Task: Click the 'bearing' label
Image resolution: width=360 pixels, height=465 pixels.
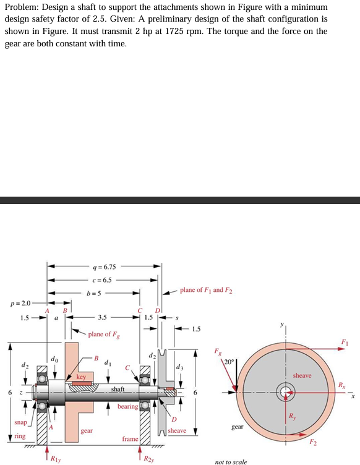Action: pos(127,406)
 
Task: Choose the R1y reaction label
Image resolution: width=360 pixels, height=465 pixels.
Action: pos(55,458)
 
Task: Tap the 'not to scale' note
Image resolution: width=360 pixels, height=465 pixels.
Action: pos(231,461)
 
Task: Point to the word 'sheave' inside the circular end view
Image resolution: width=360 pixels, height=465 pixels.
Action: pos(302,375)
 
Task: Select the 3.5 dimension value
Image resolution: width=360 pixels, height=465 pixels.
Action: pos(101,317)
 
